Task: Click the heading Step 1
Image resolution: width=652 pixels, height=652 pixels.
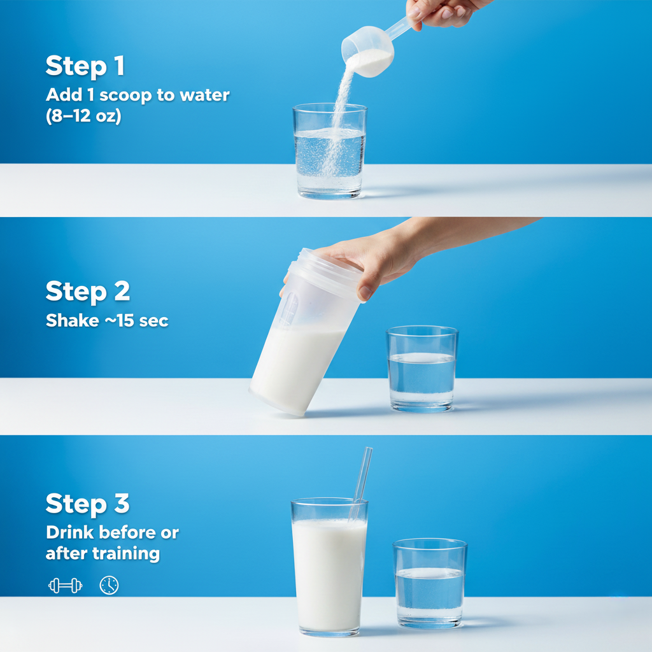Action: [x=85, y=66]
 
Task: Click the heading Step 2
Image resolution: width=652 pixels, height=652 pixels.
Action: [x=87, y=291]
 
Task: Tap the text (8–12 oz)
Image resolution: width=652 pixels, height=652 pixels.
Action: [x=83, y=117]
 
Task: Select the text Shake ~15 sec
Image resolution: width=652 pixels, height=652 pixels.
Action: [x=107, y=320]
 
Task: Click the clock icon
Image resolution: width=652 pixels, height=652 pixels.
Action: [x=109, y=585]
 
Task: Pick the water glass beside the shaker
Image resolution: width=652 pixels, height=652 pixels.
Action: [x=422, y=369]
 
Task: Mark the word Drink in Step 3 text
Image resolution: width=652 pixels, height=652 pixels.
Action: [x=69, y=532]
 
